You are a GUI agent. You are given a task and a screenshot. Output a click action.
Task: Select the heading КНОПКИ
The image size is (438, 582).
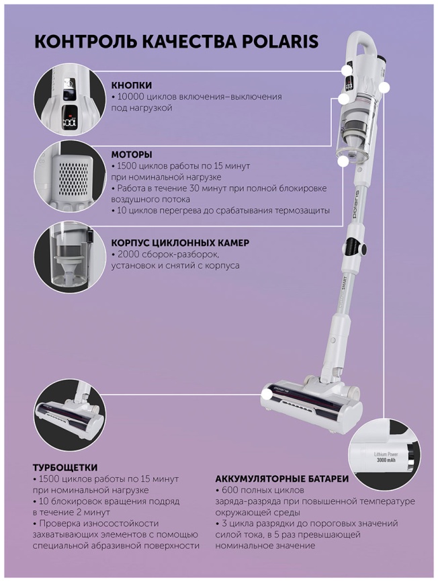pyautogui.click(x=132, y=85)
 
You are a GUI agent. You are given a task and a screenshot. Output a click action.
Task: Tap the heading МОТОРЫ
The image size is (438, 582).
pyautogui.click(x=132, y=154)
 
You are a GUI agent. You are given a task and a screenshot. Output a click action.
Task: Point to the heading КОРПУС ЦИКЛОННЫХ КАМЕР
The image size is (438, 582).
pyautogui.click(x=180, y=243)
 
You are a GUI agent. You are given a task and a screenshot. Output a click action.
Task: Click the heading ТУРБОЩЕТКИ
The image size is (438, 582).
pyautogui.click(x=65, y=467)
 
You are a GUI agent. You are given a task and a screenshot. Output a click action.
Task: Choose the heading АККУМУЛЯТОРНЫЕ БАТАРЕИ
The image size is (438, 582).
pyautogui.click(x=282, y=479)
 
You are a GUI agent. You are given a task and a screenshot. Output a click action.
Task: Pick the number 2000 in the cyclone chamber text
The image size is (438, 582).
pyautogui.click(x=129, y=255)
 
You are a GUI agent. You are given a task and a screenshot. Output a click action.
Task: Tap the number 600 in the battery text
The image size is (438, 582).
pyautogui.click(x=230, y=490)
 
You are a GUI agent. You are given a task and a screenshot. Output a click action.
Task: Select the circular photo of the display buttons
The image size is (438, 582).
pyautogui.click(x=70, y=106)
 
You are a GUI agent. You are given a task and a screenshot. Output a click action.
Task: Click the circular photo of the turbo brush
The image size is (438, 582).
pyautogui.click(x=70, y=418)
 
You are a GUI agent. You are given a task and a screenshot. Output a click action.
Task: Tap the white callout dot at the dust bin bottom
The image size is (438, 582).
pyautogui.click(x=343, y=161)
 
